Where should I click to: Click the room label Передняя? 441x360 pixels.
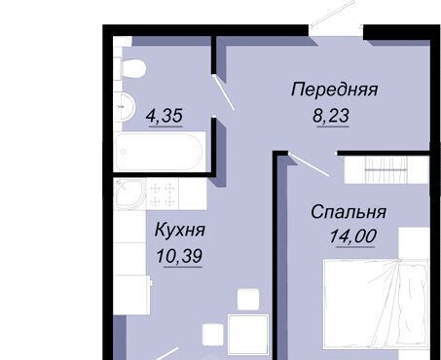click(x=334, y=90)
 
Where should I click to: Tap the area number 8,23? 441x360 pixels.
click(x=331, y=116)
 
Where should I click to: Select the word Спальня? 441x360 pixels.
click(x=349, y=212)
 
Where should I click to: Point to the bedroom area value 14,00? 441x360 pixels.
click(x=353, y=235)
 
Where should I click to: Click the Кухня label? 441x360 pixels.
click(x=180, y=230)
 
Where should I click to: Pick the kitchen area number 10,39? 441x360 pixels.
click(x=179, y=256)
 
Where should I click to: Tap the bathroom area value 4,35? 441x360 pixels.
click(x=165, y=116)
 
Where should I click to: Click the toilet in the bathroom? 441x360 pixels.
click(x=132, y=68)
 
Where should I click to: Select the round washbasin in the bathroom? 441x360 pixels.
click(x=125, y=106)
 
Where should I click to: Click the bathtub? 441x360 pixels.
click(x=160, y=152)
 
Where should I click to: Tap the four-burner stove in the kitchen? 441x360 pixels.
click(x=163, y=194)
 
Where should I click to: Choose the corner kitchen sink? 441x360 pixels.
click(x=129, y=194)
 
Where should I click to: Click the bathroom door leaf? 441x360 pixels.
click(x=224, y=93)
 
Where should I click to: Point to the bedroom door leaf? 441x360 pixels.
click(x=309, y=164)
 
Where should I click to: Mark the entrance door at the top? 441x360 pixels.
click(x=333, y=15)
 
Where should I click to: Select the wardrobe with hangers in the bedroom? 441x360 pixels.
click(x=386, y=169)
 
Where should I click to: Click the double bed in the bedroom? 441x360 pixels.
click(x=377, y=305)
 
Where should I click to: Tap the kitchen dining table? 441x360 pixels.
click(x=248, y=335)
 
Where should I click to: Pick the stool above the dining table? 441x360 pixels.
click(x=248, y=300)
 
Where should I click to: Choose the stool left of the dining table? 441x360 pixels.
click(x=213, y=335)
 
